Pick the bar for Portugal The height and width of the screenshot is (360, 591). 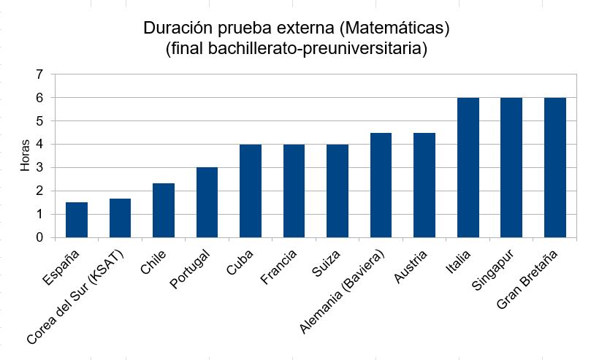(207, 202)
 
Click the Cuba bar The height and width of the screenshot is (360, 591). (251, 191)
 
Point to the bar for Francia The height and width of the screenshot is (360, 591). (294, 191)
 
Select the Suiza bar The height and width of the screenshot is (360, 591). (338, 191)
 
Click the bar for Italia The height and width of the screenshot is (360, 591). (468, 167)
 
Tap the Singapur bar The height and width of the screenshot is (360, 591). (511, 167)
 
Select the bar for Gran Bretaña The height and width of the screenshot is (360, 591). (555, 167)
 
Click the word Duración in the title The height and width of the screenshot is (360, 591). (176, 29)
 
